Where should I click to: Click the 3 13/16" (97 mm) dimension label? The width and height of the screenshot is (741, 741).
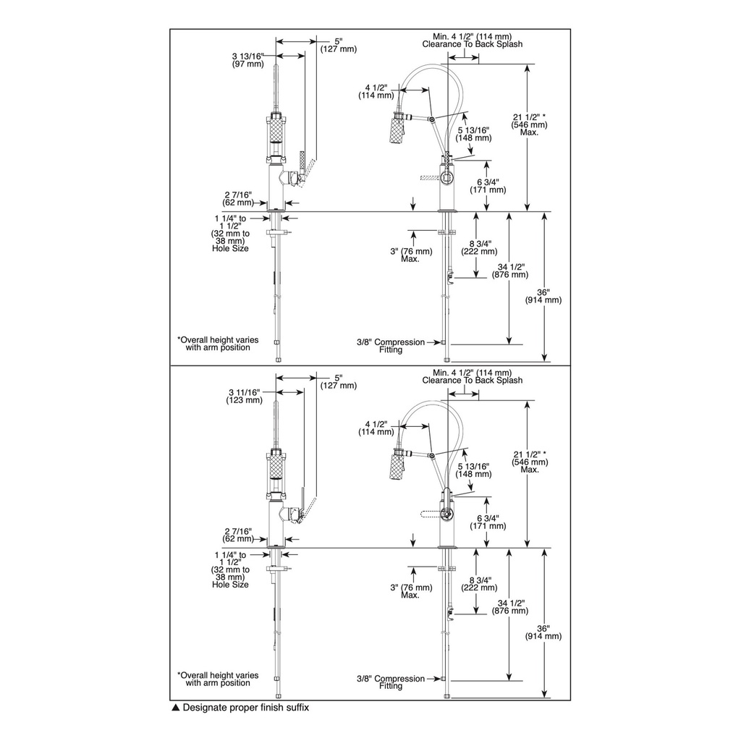click(x=248, y=60)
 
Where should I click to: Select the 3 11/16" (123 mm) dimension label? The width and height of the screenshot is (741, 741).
click(x=245, y=396)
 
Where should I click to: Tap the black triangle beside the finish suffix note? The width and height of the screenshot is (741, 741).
click(x=175, y=708)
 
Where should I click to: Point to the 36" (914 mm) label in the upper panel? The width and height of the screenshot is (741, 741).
click(x=543, y=296)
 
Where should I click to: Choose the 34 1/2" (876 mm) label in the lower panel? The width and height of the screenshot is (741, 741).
click(x=510, y=607)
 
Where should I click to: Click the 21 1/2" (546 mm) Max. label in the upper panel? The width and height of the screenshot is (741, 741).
click(x=530, y=124)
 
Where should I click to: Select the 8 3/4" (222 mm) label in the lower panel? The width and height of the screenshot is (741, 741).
click(x=480, y=584)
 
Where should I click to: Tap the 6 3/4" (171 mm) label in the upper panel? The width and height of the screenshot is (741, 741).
click(x=488, y=186)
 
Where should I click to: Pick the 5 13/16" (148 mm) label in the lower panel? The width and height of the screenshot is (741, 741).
click(x=473, y=470)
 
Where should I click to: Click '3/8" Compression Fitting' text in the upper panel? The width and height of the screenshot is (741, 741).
click(x=391, y=346)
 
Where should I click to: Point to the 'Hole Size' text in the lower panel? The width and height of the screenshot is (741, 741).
click(x=230, y=585)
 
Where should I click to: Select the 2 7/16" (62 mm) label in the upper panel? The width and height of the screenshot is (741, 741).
click(x=238, y=198)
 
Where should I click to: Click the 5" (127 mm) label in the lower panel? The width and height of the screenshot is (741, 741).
click(x=339, y=381)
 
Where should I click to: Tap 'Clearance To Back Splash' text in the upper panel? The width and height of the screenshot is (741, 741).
click(x=473, y=44)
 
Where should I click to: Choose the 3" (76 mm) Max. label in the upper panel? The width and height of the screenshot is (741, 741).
click(x=411, y=255)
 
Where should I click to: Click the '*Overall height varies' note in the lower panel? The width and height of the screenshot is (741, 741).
click(x=218, y=675)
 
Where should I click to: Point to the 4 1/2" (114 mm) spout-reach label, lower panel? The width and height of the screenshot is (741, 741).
click(x=376, y=428)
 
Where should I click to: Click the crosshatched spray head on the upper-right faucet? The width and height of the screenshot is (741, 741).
click(x=397, y=128)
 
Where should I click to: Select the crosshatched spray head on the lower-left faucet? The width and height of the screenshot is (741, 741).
click(x=276, y=471)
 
